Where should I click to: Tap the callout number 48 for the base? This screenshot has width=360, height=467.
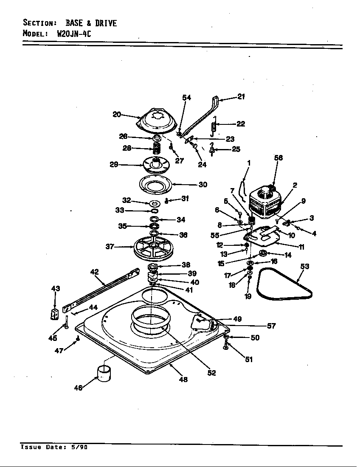(183, 379)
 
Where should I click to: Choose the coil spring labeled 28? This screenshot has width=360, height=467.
(156, 149)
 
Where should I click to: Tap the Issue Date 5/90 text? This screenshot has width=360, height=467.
(54, 447)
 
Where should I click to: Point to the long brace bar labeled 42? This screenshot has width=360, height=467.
(102, 290)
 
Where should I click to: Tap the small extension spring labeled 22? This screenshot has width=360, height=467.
(214, 126)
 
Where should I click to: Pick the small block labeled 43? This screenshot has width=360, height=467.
(54, 316)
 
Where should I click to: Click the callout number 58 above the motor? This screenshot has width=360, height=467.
(278, 158)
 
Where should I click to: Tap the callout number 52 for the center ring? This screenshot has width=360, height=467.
(211, 373)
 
